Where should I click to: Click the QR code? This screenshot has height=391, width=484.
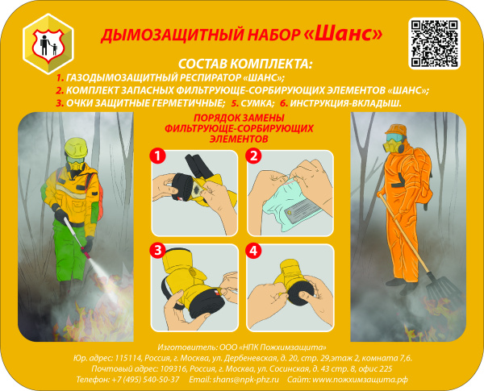click(434, 41)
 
